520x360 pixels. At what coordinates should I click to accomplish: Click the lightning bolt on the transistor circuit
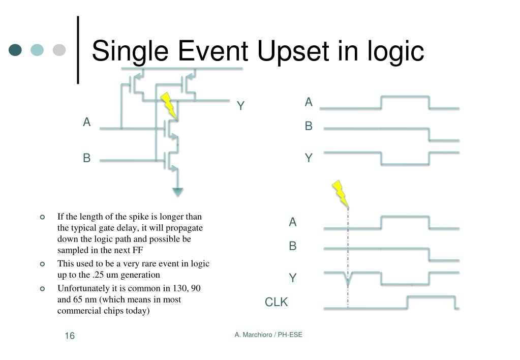click(x=169, y=105)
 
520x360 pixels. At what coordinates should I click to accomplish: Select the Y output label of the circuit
click(x=241, y=106)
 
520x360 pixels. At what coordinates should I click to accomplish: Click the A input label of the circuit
click(x=87, y=122)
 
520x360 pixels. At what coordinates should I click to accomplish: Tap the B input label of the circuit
click(x=87, y=158)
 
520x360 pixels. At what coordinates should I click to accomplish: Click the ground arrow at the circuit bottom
click(x=177, y=192)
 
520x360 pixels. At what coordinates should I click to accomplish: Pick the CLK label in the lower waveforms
click(x=276, y=303)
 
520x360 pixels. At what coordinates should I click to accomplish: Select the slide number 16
click(x=70, y=336)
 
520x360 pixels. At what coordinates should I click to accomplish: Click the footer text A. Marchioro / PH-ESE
click(x=268, y=335)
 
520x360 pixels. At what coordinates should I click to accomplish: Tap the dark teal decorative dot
click(x=16, y=50)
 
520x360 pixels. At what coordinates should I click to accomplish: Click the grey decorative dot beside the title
click(x=59, y=50)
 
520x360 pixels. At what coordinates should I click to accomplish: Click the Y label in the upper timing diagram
click(x=309, y=158)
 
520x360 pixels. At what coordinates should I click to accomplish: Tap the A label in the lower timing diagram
click(x=293, y=222)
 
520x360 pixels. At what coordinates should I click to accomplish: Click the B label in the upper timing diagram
click(x=309, y=126)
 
